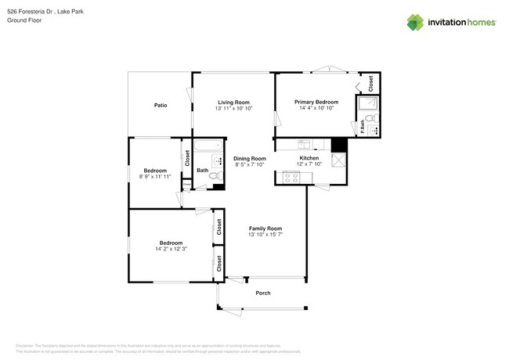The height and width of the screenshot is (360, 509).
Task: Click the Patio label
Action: [x=161, y=105]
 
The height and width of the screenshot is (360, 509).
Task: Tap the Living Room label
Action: [x=233, y=102]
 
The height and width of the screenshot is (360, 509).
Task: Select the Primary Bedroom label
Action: [x=316, y=102]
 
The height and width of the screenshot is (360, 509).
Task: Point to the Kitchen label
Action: [x=309, y=158]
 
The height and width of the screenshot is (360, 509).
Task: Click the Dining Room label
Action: [x=250, y=158]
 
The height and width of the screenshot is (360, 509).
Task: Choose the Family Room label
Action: [x=265, y=229]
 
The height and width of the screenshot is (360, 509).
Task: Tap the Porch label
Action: [x=263, y=293]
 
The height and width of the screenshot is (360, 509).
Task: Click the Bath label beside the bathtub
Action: [x=202, y=170]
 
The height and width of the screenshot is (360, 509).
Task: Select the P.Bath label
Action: [x=363, y=128]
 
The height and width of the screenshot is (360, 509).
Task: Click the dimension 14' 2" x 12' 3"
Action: [x=171, y=249]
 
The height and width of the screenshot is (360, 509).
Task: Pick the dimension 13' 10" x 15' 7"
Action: [x=265, y=235]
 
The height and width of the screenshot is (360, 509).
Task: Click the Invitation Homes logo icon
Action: [x=417, y=22]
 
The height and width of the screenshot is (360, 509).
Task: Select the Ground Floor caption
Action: [x=23, y=20]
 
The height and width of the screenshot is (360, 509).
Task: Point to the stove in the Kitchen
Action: [x=291, y=178]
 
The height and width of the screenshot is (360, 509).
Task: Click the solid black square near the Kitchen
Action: [x=339, y=146]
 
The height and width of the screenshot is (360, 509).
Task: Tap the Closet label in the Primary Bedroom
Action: [x=370, y=81]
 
